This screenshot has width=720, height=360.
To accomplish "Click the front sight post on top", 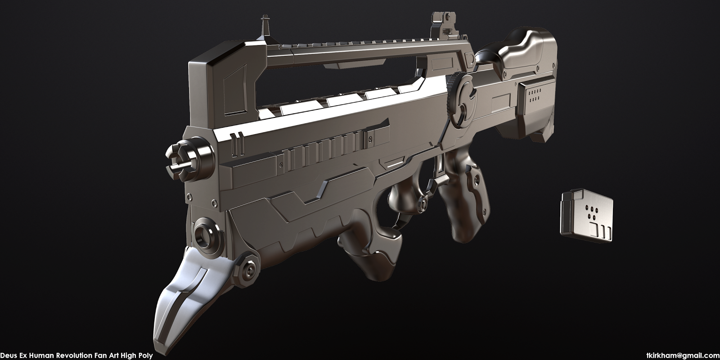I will tap(264, 27).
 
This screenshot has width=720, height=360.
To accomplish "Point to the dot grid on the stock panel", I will tap(535, 96).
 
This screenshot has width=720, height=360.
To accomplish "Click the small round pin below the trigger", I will tap(423, 204).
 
